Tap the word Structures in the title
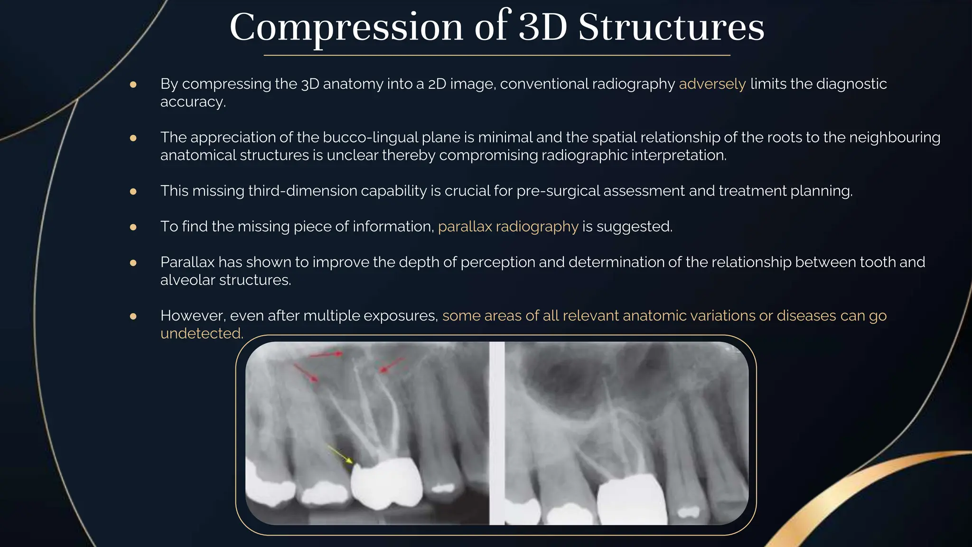click(671, 28)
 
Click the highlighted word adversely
click(712, 84)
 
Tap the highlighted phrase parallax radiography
click(508, 226)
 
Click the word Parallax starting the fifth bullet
click(187, 262)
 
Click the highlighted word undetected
click(201, 334)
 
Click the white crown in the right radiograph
click(631, 501)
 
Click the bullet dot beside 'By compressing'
click(133, 85)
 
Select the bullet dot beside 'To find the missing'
click(133, 227)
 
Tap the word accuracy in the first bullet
click(192, 102)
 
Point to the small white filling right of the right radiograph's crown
click(688, 512)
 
